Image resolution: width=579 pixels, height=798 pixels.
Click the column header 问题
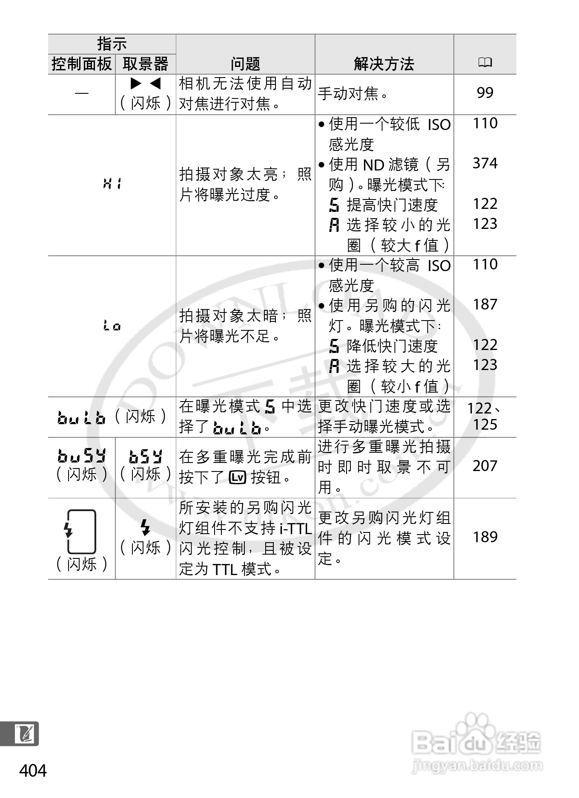(x=245, y=64)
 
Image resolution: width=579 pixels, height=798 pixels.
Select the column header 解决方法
(x=384, y=64)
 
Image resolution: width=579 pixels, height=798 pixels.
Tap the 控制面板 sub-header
(x=81, y=64)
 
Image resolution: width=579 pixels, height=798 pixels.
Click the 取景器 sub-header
(x=146, y=64)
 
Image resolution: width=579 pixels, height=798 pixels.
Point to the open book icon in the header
(x=485, y=63)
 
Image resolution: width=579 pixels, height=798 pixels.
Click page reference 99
(x=485, y=93)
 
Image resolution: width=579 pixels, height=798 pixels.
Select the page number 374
(x=485, y=163)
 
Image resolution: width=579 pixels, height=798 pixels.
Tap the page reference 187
(x=485, y=304)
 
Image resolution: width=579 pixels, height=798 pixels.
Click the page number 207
(x=485, y=466)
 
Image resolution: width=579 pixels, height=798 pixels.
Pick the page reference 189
(x=485, y=537)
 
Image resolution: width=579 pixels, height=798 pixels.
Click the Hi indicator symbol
(x=112, y=185)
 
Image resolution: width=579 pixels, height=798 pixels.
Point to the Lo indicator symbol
(x=112, y=326)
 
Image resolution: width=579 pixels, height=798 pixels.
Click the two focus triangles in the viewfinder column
(x=146, y=83)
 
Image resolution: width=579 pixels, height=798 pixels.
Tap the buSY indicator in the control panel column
(x=81, y=457)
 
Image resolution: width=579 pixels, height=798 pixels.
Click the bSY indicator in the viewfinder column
(x=146, y=457)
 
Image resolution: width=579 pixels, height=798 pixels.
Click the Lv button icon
(x=238, y=477)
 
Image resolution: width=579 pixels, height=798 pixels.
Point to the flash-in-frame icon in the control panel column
(x=81, y=531)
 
